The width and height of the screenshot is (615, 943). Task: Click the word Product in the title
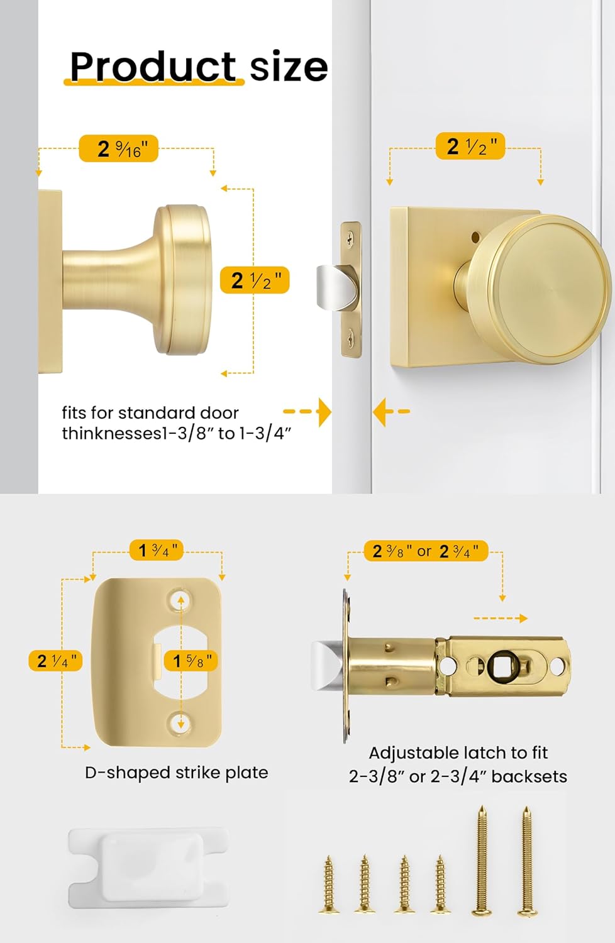tap(153, 66)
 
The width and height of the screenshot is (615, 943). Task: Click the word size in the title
tap(289, 66)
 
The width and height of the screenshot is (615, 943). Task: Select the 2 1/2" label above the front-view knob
tap(470, 146)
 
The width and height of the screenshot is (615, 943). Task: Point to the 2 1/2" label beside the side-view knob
tap(255, 280)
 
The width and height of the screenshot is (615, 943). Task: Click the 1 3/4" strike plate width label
tap(157, 551)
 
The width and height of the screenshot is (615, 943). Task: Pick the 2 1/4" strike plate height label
tap(55, 661)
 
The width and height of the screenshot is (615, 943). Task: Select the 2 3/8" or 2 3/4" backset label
tap(426, 551)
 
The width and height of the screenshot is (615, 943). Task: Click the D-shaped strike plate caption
tap(176, 772)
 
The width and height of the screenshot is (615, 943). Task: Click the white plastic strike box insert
tap(148, 870)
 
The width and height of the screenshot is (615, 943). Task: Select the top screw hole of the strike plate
tap(180, 599)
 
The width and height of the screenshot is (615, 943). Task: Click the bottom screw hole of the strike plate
tap(180, 722)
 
